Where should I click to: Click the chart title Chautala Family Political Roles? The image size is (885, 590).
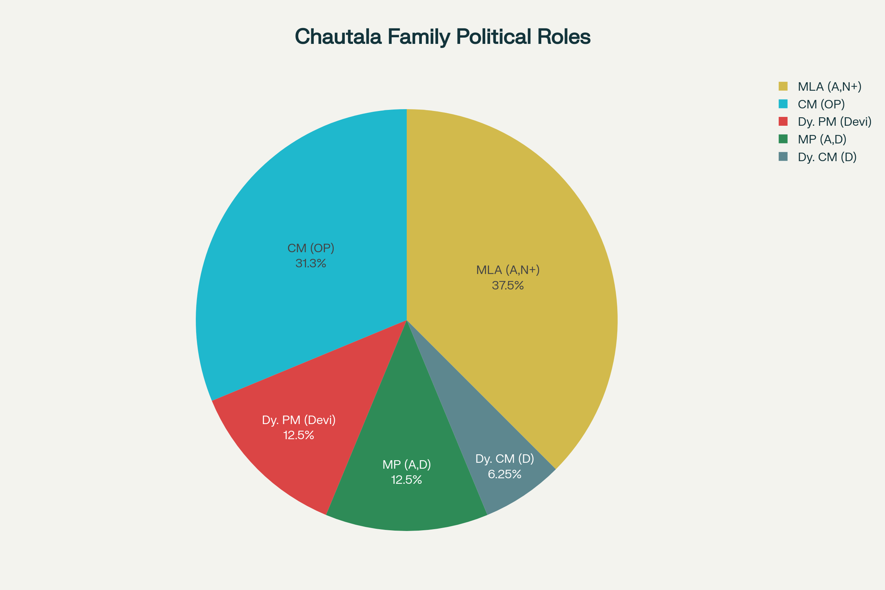pos(442,37)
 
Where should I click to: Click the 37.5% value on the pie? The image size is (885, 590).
pos(508,285)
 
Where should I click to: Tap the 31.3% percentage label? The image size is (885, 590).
pos(310,263)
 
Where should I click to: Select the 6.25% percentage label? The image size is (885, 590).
pos(504,474)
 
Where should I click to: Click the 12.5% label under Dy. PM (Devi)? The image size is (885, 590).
pos(298,435)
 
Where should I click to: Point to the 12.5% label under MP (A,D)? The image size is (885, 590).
pos(406,480)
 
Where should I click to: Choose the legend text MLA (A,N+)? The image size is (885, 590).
pos(829,87)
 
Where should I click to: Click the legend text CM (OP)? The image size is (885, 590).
pos(821,104)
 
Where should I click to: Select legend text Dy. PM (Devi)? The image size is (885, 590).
pos(834,122)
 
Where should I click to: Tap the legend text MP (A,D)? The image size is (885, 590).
pos(822,140)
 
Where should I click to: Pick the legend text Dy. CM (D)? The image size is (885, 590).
pos(827,157)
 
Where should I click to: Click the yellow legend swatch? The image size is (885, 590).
pos(783,87)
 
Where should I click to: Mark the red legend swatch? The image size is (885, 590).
pos(783,122)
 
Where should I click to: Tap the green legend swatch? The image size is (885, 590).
pos(783,139)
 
